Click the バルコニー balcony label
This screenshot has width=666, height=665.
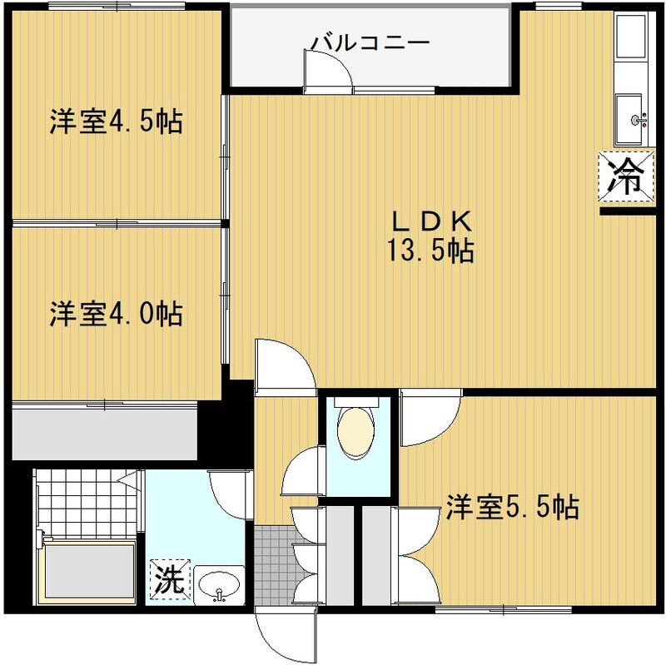pyautogui.click(x=370, y=43)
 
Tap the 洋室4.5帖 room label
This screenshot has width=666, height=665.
pyautogui.click(x=117, y=122)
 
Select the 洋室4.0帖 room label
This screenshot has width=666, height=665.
pyautogui.click(x=117, y=314)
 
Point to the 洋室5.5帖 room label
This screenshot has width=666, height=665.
pyautogui.click(x=512, y=507)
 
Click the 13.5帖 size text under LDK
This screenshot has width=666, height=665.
pyautogui.click(x=430, y=251)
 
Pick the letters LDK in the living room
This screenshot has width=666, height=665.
pyautogui.click(x=431, y=221)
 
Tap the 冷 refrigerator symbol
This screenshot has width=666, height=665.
pyautogui.click(x=626, y=176)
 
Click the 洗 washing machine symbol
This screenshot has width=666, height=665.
pyautogui.click(x=170, y=578)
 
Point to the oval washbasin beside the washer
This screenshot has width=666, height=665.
pyautogui.click(x=219, y=585)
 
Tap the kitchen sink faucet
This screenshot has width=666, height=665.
pyautogui.click(x=639, y=120)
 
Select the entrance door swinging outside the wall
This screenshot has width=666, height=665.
pyautogui.click(x=286, y=634)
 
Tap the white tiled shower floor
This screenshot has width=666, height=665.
pyautogui.click(x=87, y=503)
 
